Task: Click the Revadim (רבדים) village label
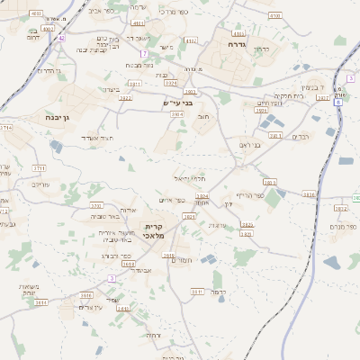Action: tap(300, 136)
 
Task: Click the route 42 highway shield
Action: tap(61, 39)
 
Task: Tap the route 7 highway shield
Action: tap(143, 54)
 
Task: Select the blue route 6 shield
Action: tap(338, 103)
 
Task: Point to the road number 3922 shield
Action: tap(126, 97)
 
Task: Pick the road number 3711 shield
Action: tap(40, 167)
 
